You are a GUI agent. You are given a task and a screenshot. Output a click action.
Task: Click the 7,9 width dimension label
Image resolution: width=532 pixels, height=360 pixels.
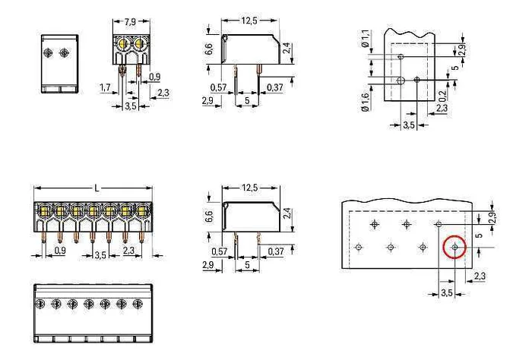(x=130, y=22)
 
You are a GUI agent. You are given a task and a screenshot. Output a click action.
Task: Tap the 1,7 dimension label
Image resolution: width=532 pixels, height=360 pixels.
(x=105, y=87)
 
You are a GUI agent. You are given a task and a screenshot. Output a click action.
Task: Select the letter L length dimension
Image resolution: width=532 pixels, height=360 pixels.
(x=97, y=188)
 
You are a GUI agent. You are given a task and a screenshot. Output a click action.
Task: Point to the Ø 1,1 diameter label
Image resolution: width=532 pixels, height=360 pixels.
(x=365, y=38)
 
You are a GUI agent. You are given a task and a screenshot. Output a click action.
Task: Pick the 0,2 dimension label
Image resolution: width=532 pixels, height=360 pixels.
(x=442, y=96)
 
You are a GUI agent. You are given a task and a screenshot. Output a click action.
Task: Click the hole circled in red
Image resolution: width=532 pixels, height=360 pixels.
(x=455, y=248)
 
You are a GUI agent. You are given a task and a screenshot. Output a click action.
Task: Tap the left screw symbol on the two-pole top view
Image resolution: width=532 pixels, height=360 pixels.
(x=48, y=52)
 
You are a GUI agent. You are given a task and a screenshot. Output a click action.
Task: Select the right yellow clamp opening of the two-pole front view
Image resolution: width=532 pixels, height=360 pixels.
(x=139, y=43)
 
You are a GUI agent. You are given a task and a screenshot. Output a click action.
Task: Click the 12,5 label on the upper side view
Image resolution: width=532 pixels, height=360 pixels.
(x=249, y=21)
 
